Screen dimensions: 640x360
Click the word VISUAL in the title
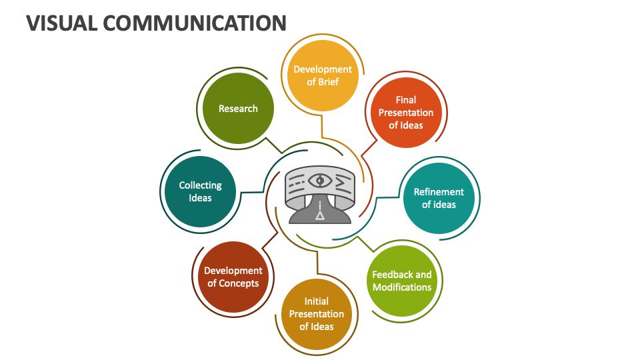tap(62, 23)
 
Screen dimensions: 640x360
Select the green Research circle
tap(239, 109)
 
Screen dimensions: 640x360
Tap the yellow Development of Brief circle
tap(323, 75)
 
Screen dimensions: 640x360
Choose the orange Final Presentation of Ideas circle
tap(406, 113)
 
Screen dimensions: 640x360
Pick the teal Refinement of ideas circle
tap(439, 199)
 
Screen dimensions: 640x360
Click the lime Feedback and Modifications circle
tap(402, 281)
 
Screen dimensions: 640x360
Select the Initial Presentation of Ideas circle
tap(317, 314)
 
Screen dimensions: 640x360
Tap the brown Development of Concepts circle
tap(233, 277)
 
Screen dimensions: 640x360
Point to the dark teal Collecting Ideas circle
tap(201, 191)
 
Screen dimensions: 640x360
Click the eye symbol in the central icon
tap(320, 180)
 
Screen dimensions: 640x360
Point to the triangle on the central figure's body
tap(320, 215)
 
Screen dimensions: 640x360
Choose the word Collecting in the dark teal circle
tap(201, 185)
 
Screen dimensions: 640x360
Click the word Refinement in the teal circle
tap(439, 192)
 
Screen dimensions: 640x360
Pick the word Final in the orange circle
tap(406, 100)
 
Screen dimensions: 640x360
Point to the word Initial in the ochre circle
tap(317, 301)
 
